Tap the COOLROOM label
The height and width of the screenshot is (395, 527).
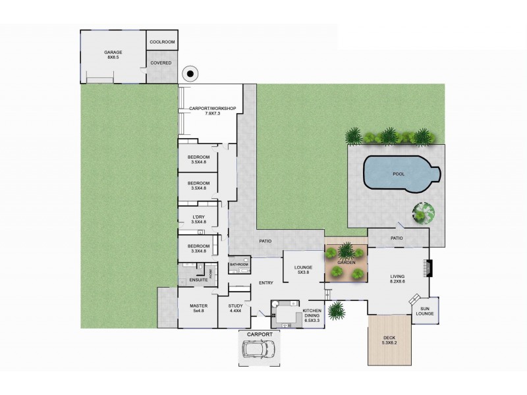161,41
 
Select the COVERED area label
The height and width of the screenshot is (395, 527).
161,63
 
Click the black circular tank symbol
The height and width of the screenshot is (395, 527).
190,73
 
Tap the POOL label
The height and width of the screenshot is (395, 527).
399,175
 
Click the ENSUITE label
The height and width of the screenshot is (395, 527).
198,280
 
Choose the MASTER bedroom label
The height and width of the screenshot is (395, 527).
198,308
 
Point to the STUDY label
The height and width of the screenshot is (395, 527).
236,308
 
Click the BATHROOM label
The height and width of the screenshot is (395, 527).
238,265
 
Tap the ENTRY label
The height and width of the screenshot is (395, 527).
266,283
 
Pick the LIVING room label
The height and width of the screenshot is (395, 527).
397,278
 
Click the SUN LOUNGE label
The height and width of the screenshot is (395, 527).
424,311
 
